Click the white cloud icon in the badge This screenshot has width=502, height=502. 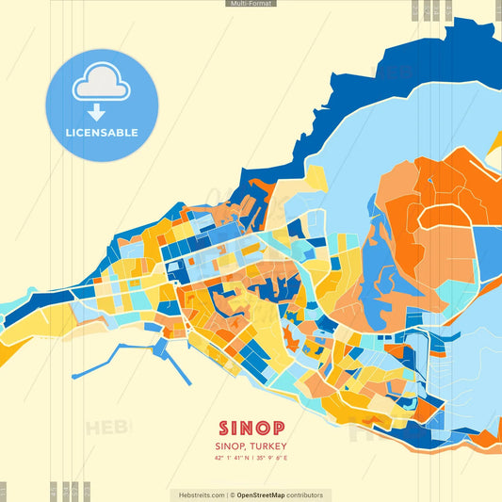pyautogui.click(x=102, y=85)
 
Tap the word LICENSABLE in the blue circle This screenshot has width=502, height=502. pyautogui.click(x=102, y=133)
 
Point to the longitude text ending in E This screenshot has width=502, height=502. pyautogui.click(x=275, y=459)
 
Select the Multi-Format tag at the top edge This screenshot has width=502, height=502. pyautogui.click(x=251, y=4)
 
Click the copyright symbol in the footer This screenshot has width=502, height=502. pyautogui.click(x=232, y=494)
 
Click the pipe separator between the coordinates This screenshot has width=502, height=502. pyautogui.click(x=251, y=459)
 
